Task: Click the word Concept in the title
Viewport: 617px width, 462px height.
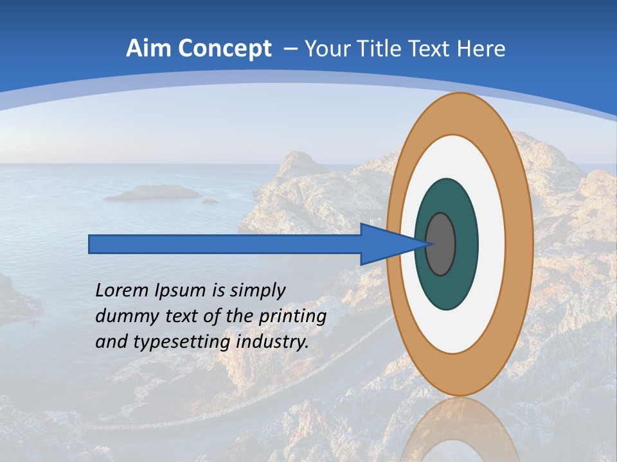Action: (225, 48)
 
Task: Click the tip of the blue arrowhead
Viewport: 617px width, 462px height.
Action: (429, 244)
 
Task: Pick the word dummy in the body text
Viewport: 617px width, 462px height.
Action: (122, 316)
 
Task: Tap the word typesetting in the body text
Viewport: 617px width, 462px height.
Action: (182, 342)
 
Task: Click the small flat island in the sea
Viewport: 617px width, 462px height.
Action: (153, 192)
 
